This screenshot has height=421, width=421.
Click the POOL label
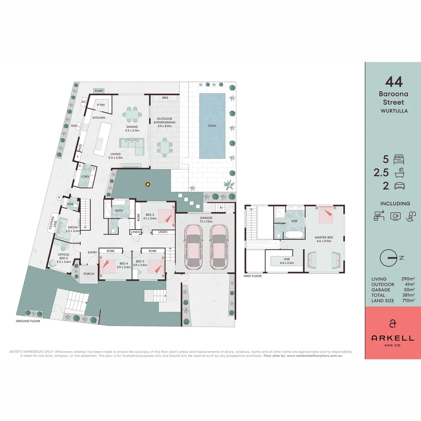212,126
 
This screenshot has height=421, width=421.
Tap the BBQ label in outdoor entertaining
165,98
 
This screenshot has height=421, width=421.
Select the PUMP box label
99,91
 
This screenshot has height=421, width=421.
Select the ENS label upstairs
295,221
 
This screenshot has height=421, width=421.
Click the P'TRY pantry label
101,105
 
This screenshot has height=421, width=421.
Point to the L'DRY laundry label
85,177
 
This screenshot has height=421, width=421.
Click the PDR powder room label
71,204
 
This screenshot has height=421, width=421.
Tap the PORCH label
89,274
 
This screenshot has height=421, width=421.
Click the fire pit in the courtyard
148,184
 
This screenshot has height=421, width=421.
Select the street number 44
394,82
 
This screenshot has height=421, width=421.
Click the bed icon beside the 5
399,159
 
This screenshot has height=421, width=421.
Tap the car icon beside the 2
399,186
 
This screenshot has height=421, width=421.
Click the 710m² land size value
408,301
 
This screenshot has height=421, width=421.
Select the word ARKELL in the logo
393,338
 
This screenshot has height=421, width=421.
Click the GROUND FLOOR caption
28,321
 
